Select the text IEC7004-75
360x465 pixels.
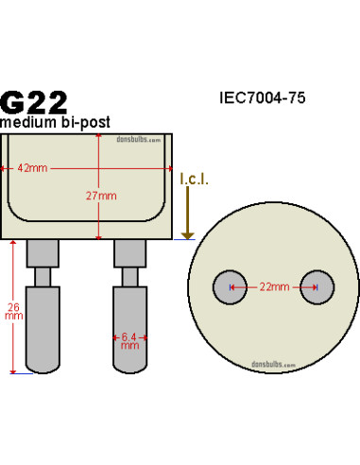[x=262, y=97]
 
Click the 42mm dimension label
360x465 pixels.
[x=34, y=168]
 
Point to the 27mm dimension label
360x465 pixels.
[x=98, y=196]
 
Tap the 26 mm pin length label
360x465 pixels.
[x=12, y=312]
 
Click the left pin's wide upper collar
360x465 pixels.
[x=43, y=252]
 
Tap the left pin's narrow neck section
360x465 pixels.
[x=43, y=276]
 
